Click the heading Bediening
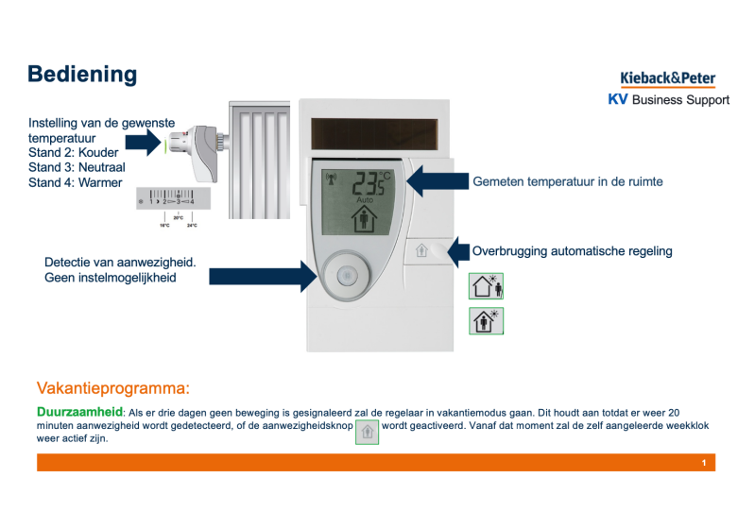(82, 75)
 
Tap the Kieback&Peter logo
(667, 78)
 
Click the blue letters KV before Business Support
(618, 99)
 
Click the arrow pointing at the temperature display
(437, 181)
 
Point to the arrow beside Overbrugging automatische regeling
(458, 251)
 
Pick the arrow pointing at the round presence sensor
(262, 275)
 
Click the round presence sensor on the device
(346, 276)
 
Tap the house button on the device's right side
(421, 251)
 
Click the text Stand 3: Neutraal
(77, 167)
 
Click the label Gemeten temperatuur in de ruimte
(568, 181)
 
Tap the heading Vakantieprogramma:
(113, 388)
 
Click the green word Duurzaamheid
(79, 412)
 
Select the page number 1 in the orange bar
(704, 463)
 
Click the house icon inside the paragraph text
(367, 431)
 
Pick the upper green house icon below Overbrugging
(488, 285)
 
